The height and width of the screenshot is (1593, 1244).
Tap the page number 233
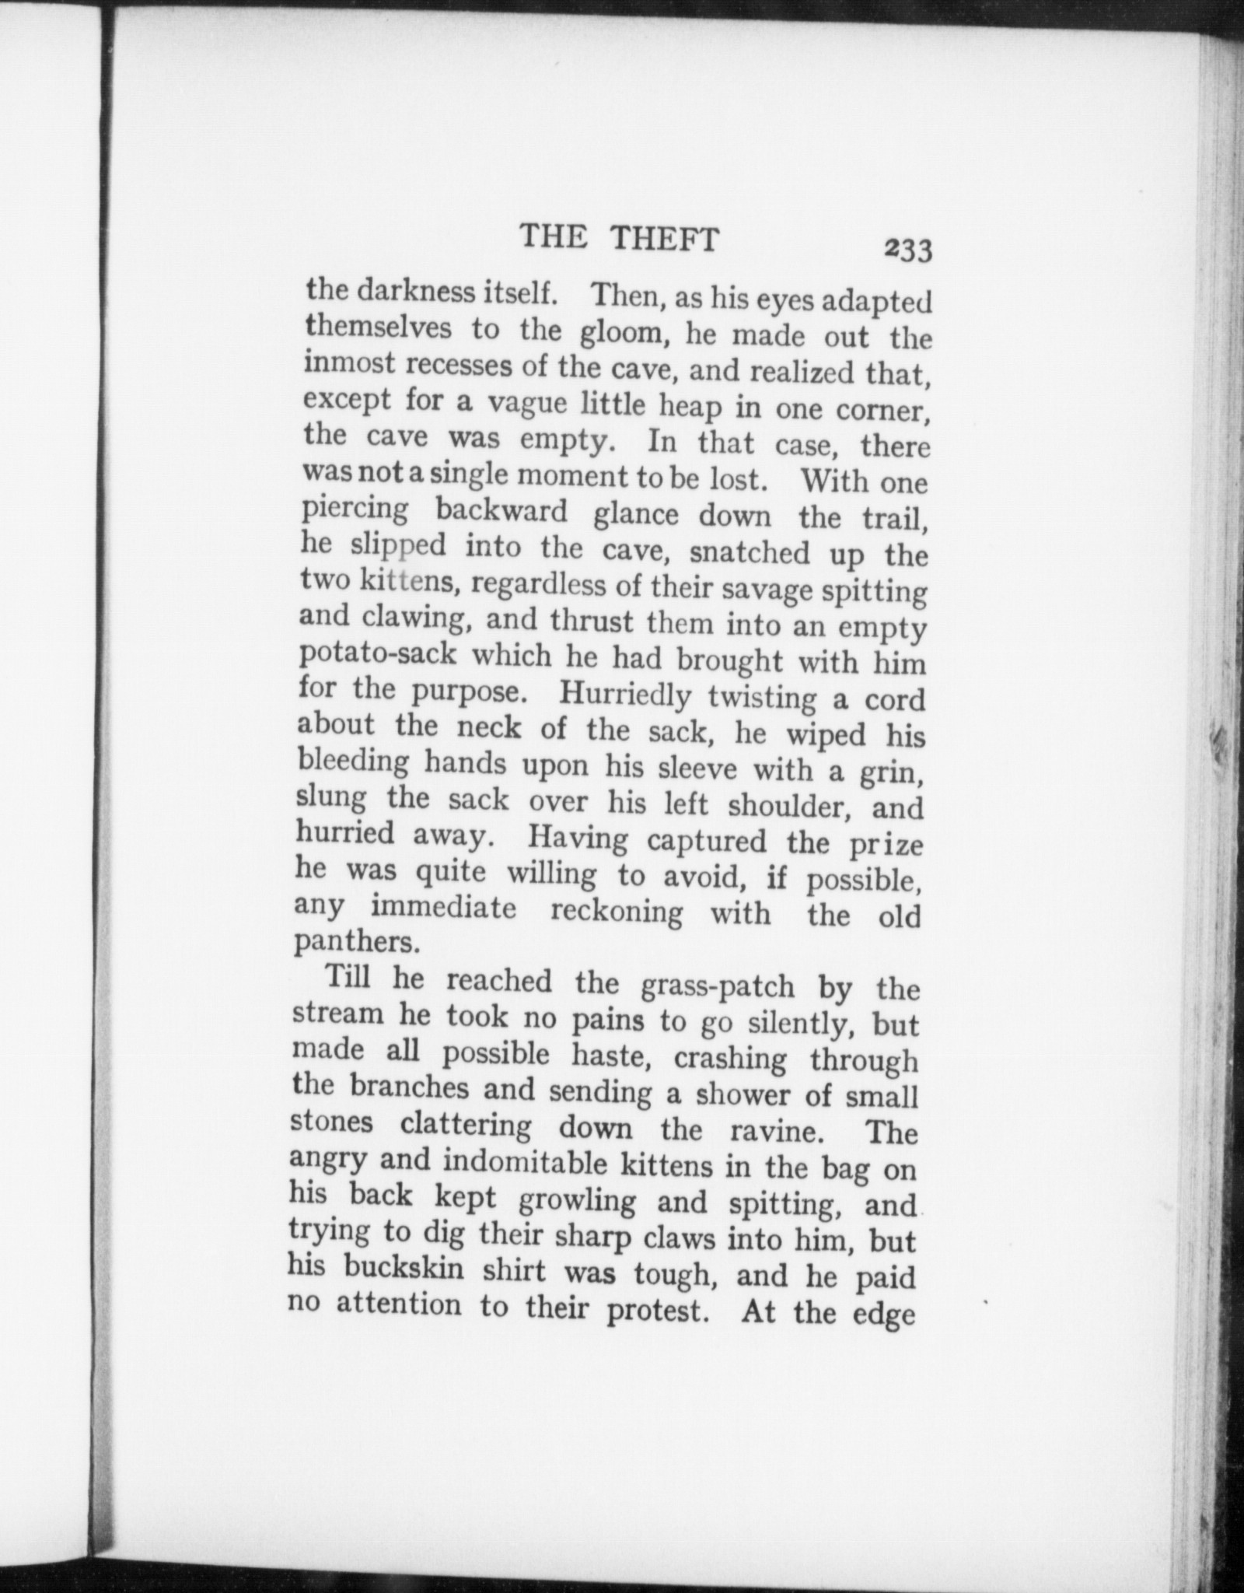point(907,250)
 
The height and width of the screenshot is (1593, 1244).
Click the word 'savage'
point(770,587)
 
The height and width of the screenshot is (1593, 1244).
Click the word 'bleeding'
point(354,761)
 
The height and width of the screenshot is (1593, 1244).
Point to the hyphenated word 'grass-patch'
point(717,986)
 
